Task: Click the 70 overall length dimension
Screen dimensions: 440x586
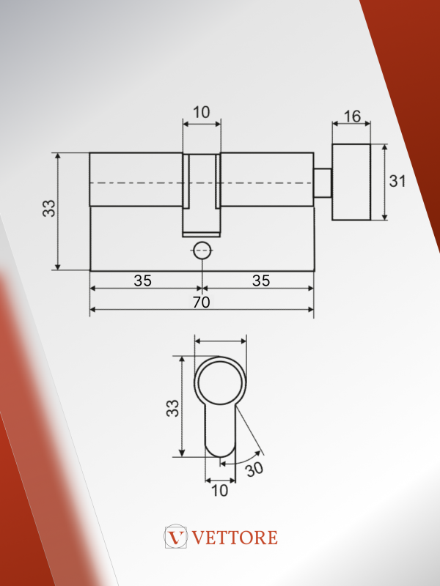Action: pos(201,302)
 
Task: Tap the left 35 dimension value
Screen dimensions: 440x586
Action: pos(142,281)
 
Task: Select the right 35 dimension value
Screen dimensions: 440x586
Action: pos(261,281)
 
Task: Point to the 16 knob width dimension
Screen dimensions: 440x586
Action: pos(352,116)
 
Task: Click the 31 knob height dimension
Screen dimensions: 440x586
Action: pos(397,181)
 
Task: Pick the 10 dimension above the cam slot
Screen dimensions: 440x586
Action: pos(201,112)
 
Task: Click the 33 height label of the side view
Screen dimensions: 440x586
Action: pos(49,208)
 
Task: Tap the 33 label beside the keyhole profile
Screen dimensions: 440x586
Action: pos(172,408)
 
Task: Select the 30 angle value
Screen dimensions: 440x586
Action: pos(254,469)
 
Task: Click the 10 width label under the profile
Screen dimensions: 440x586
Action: pos(219,491)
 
